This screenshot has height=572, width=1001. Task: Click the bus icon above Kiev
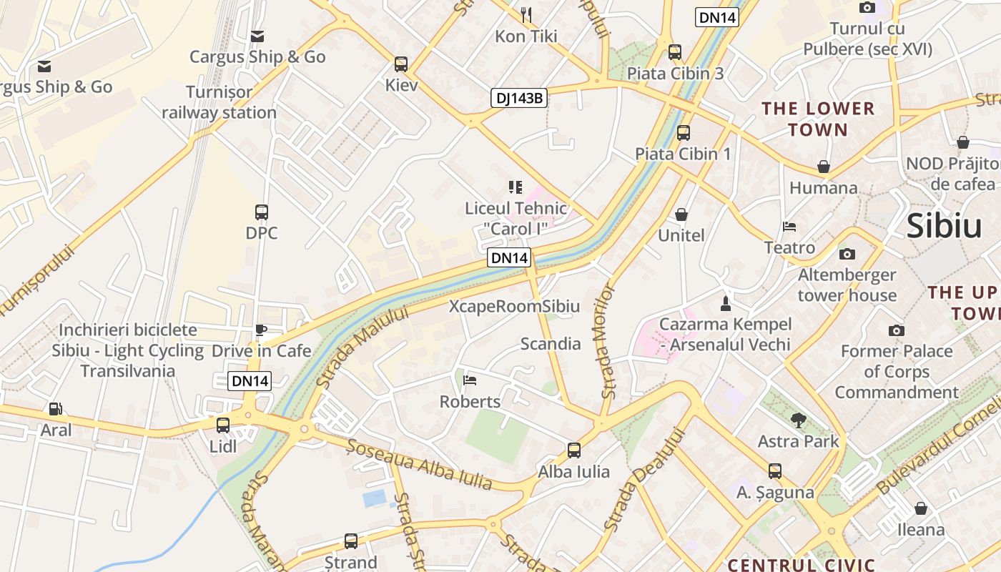tap(401, 64)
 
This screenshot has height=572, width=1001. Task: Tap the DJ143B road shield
tap(518, 98)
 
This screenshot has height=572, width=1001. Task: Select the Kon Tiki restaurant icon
tap(526, 14)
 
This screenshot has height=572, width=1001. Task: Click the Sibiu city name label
tap(944, 226)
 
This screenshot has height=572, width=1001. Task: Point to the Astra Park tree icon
tap(799, 420)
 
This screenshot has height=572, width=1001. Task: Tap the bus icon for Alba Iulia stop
tap(574, 450)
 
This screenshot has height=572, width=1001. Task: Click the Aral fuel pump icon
tap(55, 409)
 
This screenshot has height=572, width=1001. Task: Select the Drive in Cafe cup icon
tap(261, 330)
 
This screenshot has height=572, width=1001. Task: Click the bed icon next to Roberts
tap(470, 380)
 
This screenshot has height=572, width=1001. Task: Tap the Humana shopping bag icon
tap(824, 167)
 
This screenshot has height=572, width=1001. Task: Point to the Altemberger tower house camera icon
tap(847, 254)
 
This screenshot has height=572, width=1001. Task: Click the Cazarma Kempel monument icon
tap(725, 304)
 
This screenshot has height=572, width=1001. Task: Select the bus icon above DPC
tap(262, 212)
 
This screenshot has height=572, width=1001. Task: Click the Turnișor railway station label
tap(219, 102)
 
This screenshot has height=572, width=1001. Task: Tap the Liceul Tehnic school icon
tap(515, 187)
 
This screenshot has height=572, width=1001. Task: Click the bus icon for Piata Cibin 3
tap(675, 52)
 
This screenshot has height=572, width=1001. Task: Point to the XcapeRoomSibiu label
tap(514, 307)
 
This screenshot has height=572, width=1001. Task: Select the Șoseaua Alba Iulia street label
tap(420, 464)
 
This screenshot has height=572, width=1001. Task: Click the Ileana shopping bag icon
tap(921, 508)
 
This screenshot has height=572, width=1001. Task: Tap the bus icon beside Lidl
tap(223, 425)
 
